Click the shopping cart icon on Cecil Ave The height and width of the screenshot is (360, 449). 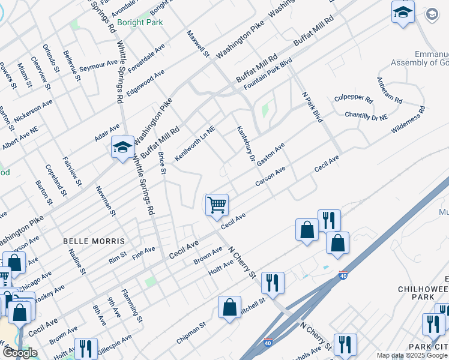tap(217, 204)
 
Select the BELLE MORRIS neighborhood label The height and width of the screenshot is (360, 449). tap(94, 241)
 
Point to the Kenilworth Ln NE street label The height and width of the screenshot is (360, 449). tap(194, 143)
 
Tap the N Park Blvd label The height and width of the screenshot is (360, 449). tap(313, 107)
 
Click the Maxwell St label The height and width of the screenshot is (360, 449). tap(197, 44)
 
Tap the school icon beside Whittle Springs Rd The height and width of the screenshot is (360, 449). tap(122, 148)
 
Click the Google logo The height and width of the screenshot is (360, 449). tap(19, 353)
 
